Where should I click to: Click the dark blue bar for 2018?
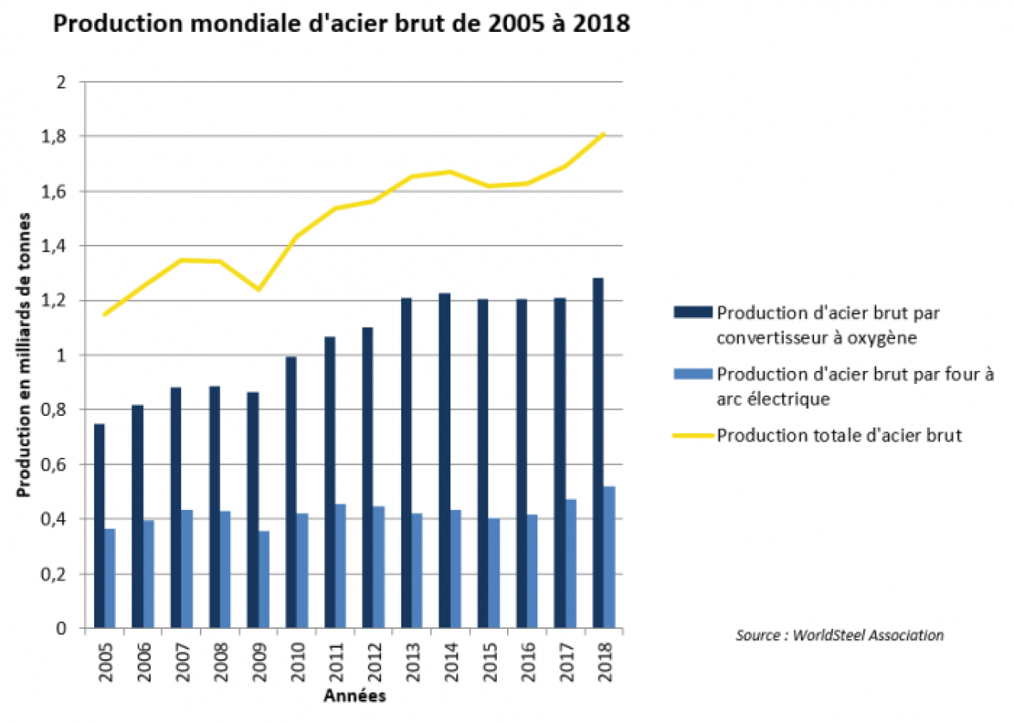pyautogui.click(x=597, y=452)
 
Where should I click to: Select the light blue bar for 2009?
pyautogui.click(x=264, y=579)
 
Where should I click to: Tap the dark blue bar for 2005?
pyautogui.click(x=99, y=526)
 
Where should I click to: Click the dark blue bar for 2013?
pyautogui.click(x=406, y=463)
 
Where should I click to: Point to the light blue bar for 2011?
pyautogui.click(x=341, y=565)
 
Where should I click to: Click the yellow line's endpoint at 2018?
pyautogui.click(x=603, y=134)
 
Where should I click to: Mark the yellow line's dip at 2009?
pyautogui.click(x=258, y=289)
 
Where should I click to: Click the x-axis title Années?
pyautogui.click(x=355, y=696)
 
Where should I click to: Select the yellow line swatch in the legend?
pyautogui.click(x=692, y=435)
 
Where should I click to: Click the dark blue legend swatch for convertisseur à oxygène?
pyautogui.click(x=692, y=313)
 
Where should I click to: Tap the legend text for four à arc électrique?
pyautogui.click(x=854, y=386)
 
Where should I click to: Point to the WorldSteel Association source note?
pyautogui.click(x=839, y=635)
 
